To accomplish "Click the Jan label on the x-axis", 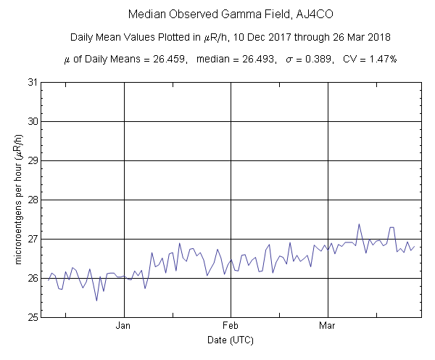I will click(124, 326).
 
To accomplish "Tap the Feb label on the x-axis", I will click(231, 326).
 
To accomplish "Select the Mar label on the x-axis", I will click(328, 326).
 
